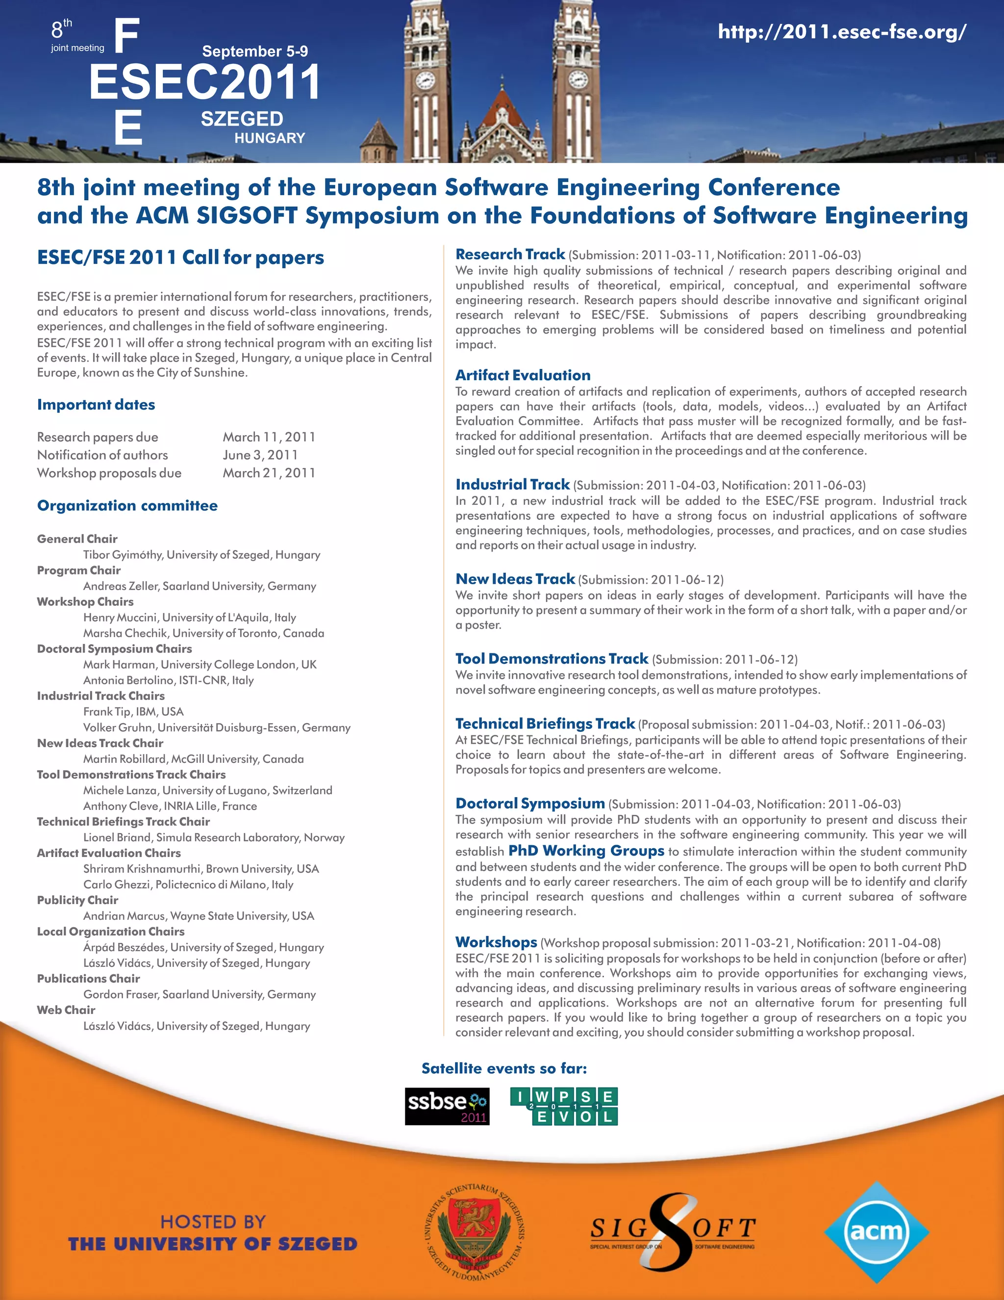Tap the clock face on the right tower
pyautogui.click(x=578, y=78)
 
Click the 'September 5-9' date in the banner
pyautogui.click(x=254, y=51)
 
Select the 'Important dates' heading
pyautogui.click(x=96, y=405)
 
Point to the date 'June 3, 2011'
pyautogui.click(x=260, y=455)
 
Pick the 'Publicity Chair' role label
pyautogui.click(x=77, y=900)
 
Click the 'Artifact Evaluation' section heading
pyautogui.click(x=523, y=375)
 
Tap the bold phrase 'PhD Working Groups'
pyautogui.click(x=586, y=851)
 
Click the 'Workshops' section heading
pyautogui.click(x=496, y=942)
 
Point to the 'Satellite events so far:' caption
pyautogui.click(x=504, y=1068)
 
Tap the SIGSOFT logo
pyautogui.click(x=672, y=1231)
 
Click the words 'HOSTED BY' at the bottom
pyautogui.click(x=213, y=1222)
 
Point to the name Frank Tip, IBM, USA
pyautogui.click(x=133, y=711)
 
